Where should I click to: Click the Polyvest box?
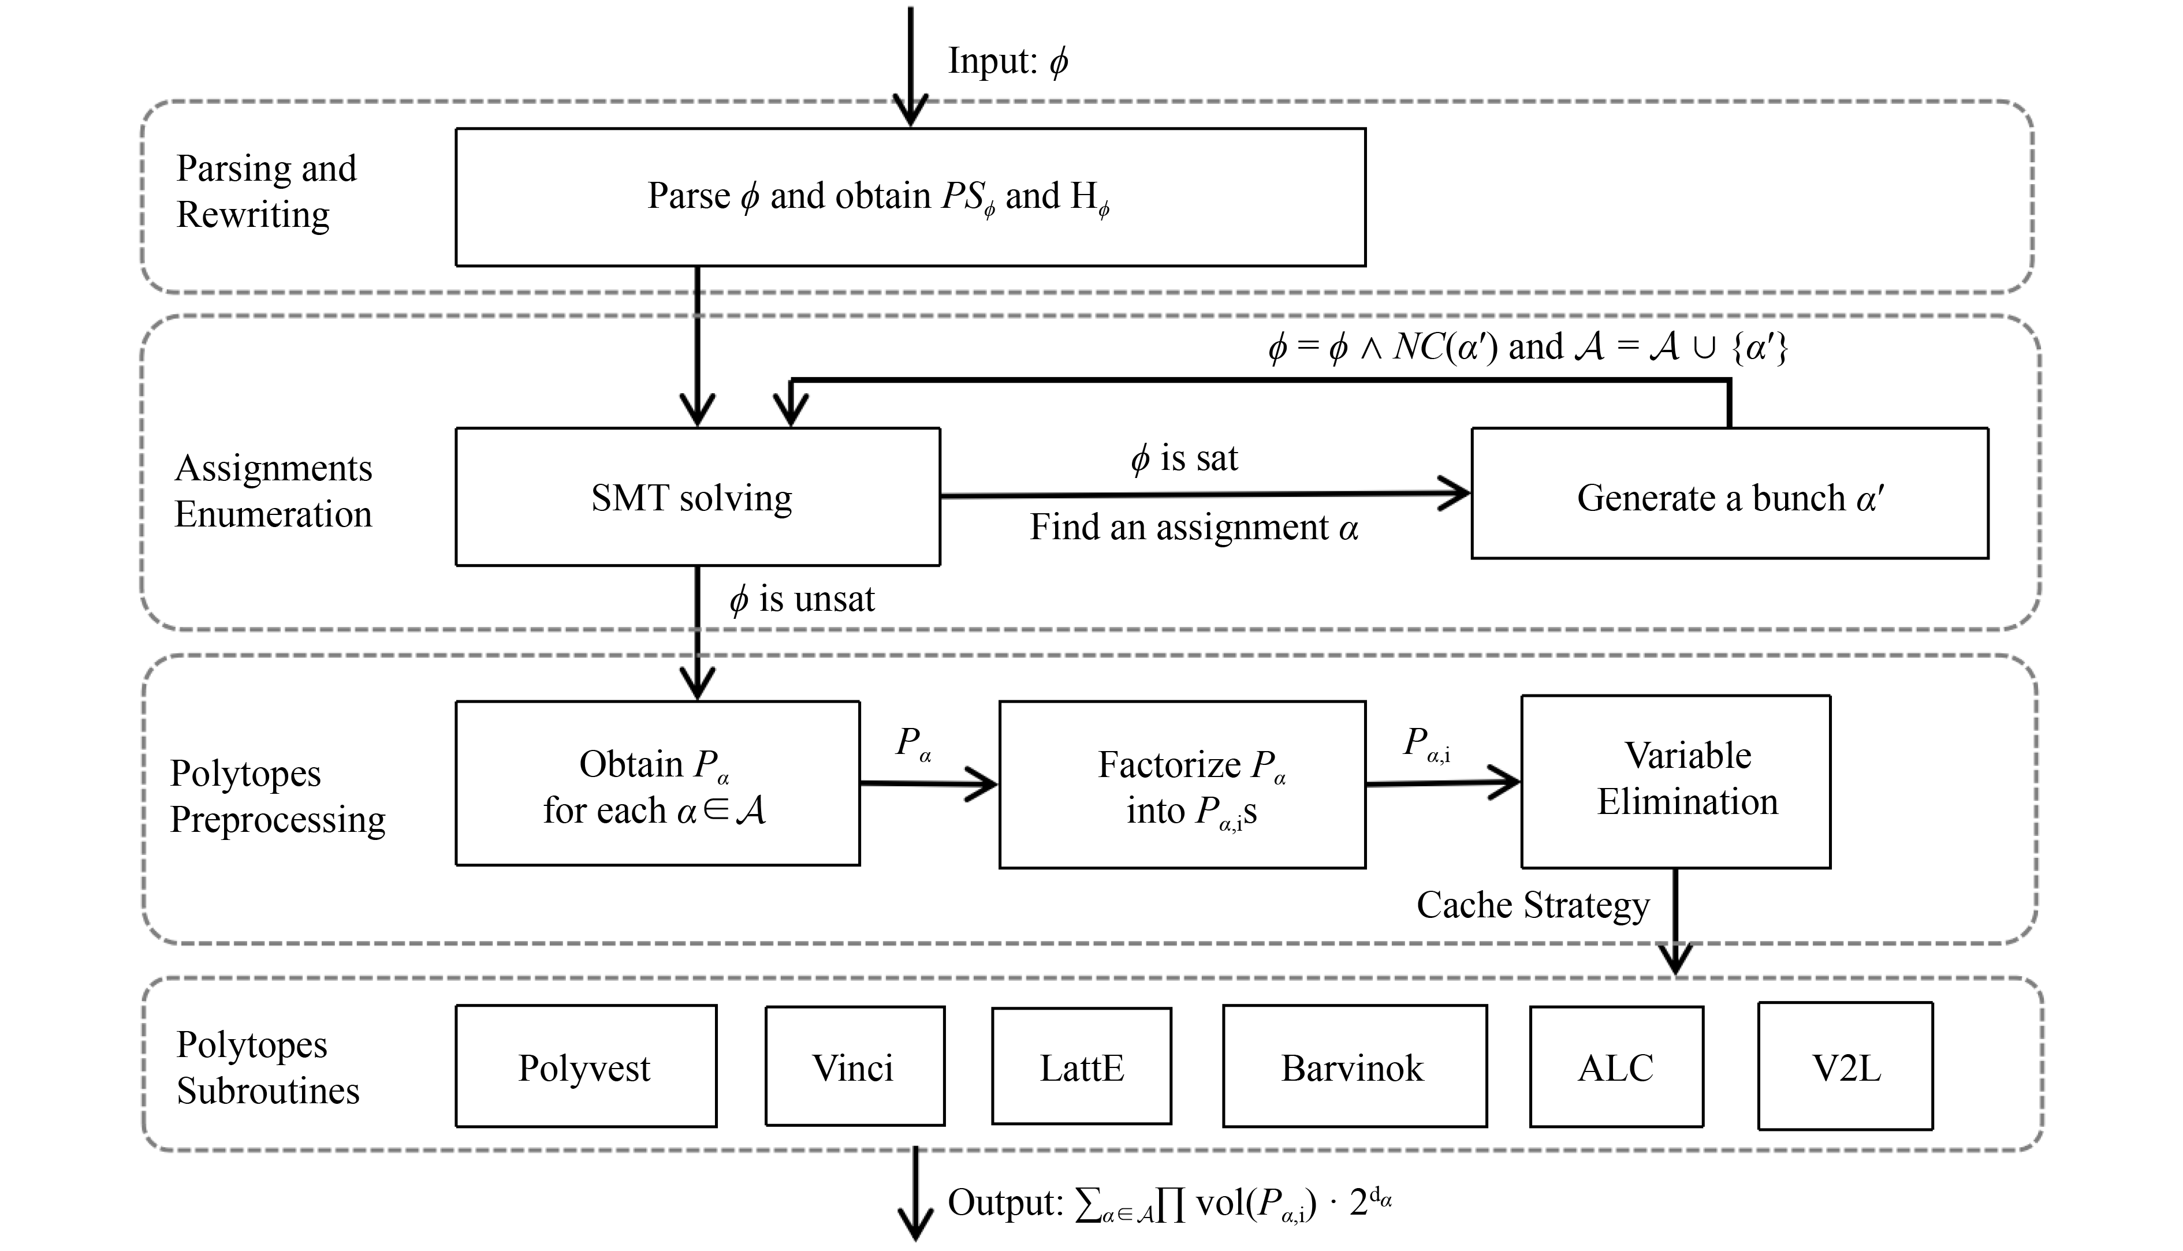585,1066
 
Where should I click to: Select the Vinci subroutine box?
854,1066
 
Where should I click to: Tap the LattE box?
1081,1066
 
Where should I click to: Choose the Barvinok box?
1354,1066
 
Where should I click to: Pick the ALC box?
1616,1066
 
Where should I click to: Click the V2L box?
1845,1066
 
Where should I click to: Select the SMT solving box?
697,496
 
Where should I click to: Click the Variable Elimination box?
1675,781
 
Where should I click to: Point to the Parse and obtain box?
910,197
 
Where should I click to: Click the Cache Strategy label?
1532,905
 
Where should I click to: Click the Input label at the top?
1007,61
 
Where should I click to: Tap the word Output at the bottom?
1005,1203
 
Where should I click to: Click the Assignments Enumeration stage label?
273,491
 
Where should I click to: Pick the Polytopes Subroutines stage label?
267,1067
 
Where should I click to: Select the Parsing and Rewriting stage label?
266,191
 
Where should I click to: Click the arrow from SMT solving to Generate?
1203,495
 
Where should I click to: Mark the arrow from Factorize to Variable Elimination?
1442,783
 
